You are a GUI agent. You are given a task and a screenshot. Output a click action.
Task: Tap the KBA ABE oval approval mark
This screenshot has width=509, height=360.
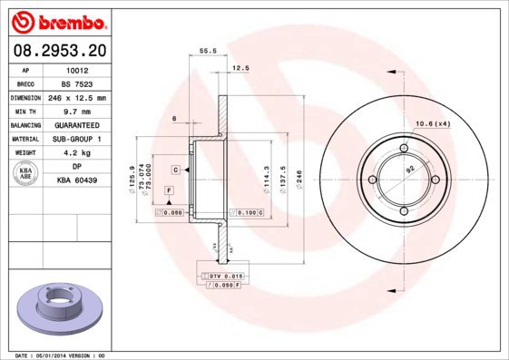pyautogui.click(x=25, y=174)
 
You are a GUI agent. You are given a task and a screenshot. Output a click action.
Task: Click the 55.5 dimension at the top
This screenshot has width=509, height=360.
pyautogui.click(x=206, y=52)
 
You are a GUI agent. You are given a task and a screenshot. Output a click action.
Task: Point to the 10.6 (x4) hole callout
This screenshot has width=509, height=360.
pyautogui.click(x=433, y=123)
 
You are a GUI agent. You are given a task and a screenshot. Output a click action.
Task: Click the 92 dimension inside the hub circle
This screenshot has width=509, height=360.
pyautogui.click(x=409, y=170)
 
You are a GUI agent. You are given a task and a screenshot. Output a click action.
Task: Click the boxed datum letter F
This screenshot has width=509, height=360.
pyautogui.click(x=169, y=190)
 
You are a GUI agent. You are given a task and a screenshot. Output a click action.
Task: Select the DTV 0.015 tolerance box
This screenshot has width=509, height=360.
pyautogui.click(x=222, y=276)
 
